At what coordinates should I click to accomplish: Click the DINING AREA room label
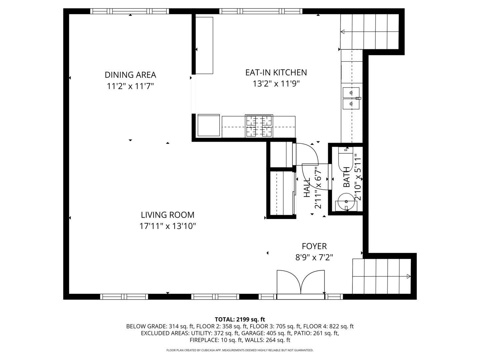(x=130, y=75)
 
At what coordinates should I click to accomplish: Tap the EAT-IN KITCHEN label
(x=276, y=72)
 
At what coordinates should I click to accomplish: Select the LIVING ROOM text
(x=167, y=215)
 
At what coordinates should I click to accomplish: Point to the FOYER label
(x=314, y=246)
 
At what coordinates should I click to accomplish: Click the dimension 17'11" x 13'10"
(x=167, y=226)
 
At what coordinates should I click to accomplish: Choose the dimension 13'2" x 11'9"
(x=276, y=84)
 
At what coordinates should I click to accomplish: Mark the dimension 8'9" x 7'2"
(x=314, y=258)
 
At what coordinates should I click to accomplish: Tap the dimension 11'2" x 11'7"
(x=130, y=86)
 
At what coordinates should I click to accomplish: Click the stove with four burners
(x=259, y=126)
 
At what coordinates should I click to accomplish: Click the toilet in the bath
(x=345, y=159)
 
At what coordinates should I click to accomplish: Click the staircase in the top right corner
(x=369, y=32)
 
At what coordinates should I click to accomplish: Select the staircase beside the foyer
(x=382, y=276)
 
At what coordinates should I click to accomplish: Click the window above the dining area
(x=130, y=11)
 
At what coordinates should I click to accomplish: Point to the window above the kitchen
(x=261, y=11)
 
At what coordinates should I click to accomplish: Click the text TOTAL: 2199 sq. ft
(x=240, y=319)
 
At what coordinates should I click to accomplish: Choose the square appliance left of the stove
(x=209, y=125)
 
